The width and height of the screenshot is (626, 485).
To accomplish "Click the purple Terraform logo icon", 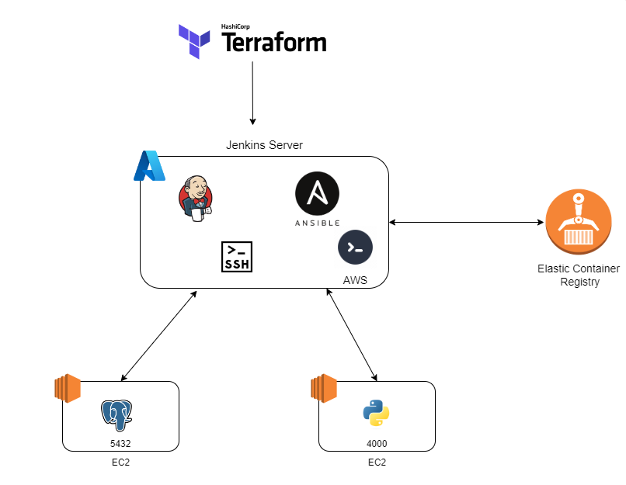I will (x=194, y=40).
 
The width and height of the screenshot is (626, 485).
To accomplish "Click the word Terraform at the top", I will (x=274, y=43).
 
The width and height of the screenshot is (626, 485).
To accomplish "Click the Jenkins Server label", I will (x=264, y=145).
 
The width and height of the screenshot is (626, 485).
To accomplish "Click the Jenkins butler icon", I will (x=196, y=199).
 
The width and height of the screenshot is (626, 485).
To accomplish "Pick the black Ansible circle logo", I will (x=317, y=194).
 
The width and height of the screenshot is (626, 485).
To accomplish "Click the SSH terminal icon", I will (x=237, y=257).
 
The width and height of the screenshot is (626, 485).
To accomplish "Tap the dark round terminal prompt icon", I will (x=355, y=248).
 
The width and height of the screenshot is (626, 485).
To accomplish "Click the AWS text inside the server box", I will (x=355, y=281).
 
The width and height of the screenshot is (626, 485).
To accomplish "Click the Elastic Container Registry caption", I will (x=579, y=275).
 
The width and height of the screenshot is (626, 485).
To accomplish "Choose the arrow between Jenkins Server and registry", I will (x=466, y=223).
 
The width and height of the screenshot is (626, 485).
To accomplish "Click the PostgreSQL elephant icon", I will (x=117, y=416).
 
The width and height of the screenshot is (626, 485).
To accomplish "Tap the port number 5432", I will (x=121, y=444).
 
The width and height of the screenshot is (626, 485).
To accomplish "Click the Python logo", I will (x=376, y=414).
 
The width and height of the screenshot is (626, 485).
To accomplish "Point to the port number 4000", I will (x=377, y=444).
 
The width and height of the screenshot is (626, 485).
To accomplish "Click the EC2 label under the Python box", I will (x=377, y=462).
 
